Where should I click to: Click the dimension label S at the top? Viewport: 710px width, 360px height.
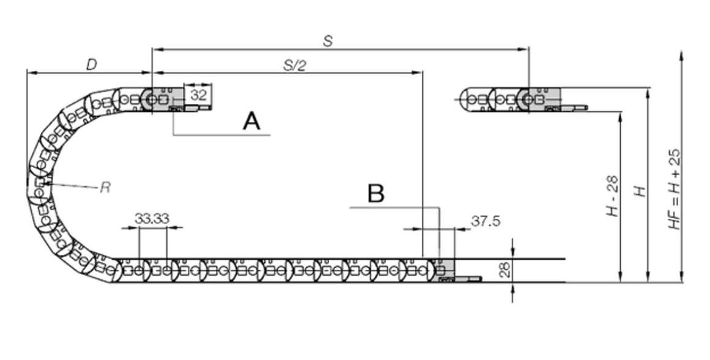pos(328,41)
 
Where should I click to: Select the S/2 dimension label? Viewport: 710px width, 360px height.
pos(294,65)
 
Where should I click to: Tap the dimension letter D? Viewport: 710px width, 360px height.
pos(92,65)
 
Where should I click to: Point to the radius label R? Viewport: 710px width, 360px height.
pos(105,187)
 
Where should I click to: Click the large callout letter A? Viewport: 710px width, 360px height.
pos(252,122)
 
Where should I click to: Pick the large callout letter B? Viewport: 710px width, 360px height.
pos(376,193)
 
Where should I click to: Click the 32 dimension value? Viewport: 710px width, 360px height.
pos(198,95)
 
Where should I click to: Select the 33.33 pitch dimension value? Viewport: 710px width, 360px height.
pos(152,219)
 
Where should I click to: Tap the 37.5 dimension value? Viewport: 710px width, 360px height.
pos(486,221)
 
